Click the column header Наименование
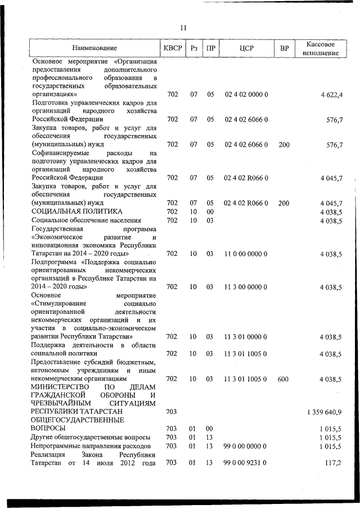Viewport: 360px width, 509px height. click(x=94, y=49)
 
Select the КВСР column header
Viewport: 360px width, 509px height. click(x=173, y=48)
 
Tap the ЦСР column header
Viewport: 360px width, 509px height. click(x=246, y=48)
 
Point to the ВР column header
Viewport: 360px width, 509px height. click(x=284, y=48)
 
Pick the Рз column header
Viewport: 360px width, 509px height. click(x=193, y=48)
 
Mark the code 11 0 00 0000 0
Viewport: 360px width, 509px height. click(x=246, y=254)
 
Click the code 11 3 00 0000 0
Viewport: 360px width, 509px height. click(x=246, y=287)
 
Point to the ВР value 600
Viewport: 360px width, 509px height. click(x=284, y=380)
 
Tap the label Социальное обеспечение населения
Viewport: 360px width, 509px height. click(x=86, y=220)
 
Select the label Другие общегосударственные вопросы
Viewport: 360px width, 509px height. click(x=91, y=437)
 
